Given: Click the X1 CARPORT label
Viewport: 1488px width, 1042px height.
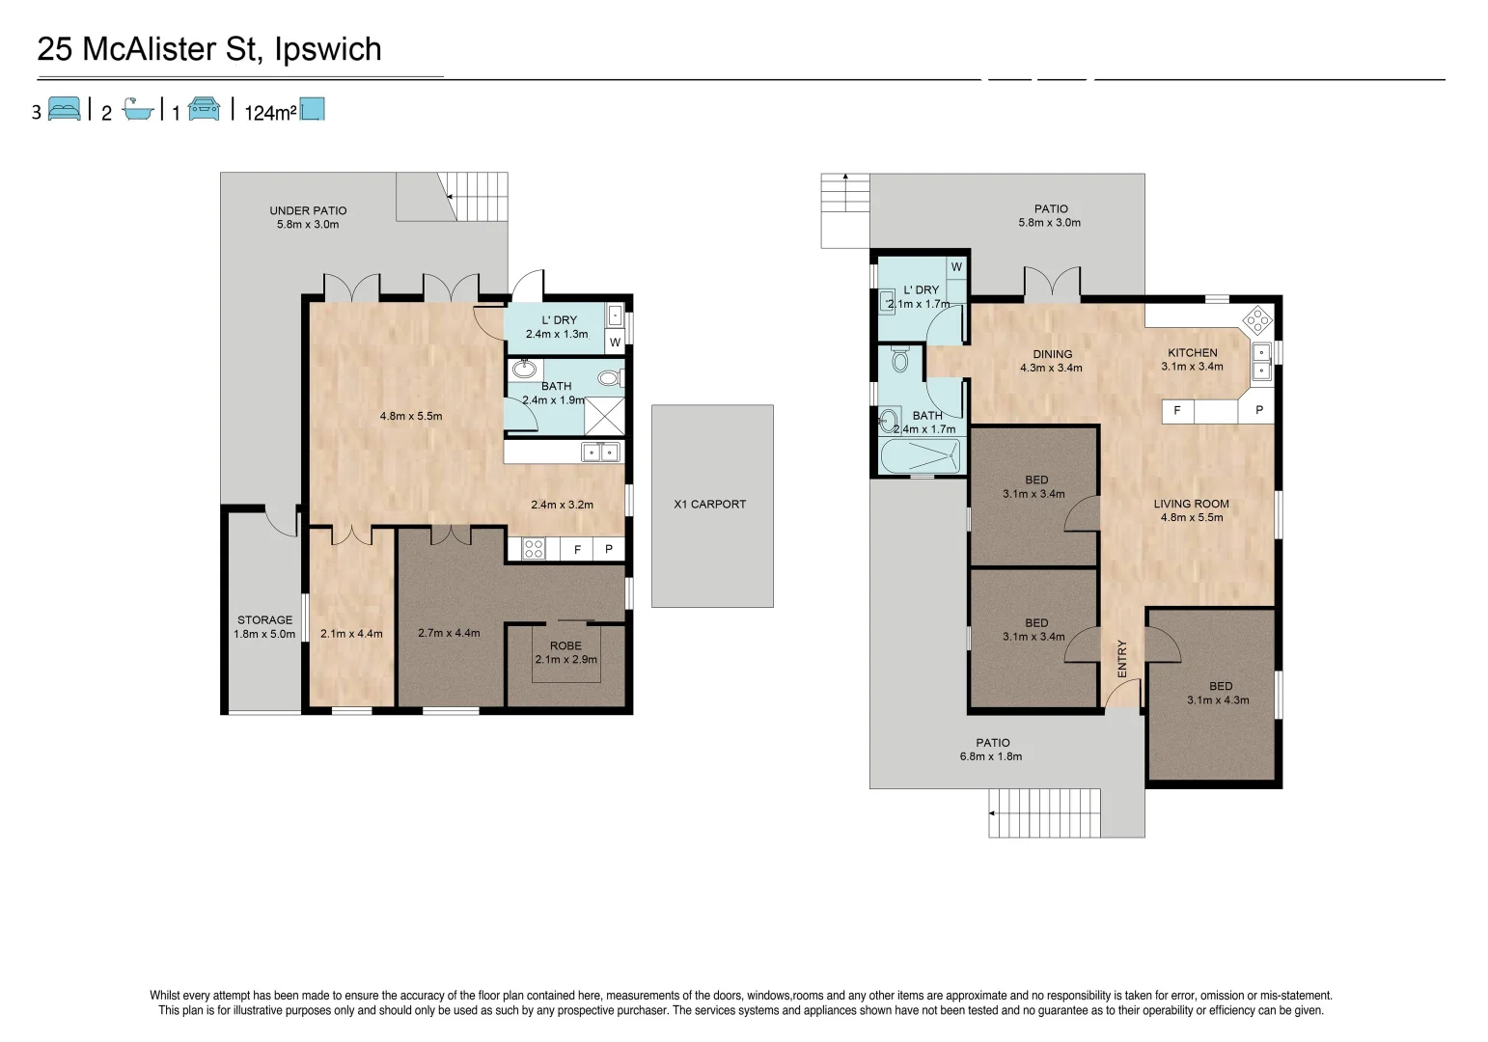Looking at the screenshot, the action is [709, 504].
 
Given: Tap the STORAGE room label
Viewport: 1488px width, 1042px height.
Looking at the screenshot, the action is [265, 619].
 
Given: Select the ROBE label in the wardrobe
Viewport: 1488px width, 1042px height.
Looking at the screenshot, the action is [565, 645].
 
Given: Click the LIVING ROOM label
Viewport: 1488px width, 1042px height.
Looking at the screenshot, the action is [1191, 504].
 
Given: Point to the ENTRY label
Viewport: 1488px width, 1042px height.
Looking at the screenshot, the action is [1122, 659].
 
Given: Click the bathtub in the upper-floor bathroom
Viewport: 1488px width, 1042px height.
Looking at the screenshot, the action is [920, 456].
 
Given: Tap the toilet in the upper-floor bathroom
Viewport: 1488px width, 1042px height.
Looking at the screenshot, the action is [900, 359].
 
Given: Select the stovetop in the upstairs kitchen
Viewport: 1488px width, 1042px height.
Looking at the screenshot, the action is [1257, 320].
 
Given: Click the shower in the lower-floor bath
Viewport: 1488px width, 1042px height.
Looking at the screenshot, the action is [604, 416].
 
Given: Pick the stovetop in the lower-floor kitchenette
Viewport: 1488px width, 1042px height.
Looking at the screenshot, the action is [534, 549].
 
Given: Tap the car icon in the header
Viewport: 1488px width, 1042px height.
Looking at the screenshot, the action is [204, 109].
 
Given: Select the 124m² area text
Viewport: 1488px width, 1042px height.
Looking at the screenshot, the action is [269, 113].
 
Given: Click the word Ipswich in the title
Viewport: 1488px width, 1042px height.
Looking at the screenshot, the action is [328, 49].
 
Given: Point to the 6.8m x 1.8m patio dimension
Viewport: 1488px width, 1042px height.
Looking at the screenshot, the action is [990, 755].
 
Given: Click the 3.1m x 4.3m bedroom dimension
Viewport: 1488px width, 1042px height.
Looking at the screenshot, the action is [1218, 700].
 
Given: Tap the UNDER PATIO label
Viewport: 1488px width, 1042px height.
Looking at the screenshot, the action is [308, 210].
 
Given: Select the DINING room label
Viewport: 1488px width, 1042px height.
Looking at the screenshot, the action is [1052, 354].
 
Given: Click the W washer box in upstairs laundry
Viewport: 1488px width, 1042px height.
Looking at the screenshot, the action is [956, 267].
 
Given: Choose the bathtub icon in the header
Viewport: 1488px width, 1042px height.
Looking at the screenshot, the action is [138, 109].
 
